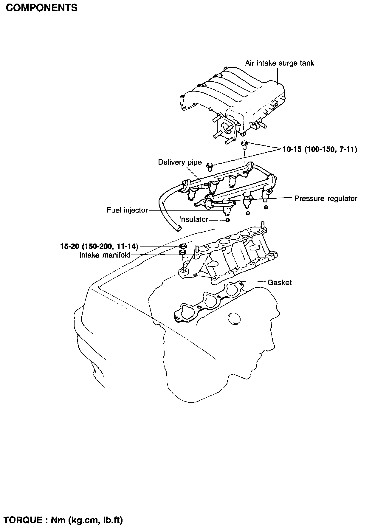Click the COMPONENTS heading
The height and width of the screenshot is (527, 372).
click(42, 7)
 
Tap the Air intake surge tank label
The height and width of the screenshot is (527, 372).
click(280, 63)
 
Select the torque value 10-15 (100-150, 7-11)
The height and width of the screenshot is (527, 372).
click(320, 149)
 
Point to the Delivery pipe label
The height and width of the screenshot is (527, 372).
click(180, 162)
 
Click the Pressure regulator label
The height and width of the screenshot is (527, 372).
click(326, 199)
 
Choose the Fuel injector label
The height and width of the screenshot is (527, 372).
click(127, 210)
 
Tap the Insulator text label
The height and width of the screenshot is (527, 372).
click(194, 219)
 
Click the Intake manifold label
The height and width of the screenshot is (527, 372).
click(105, 255)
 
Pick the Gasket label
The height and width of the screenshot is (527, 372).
click(280, 282)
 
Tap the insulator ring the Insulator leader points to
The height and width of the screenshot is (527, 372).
click(227, 220)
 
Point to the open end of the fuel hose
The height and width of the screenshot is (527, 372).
click(178, 228)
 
